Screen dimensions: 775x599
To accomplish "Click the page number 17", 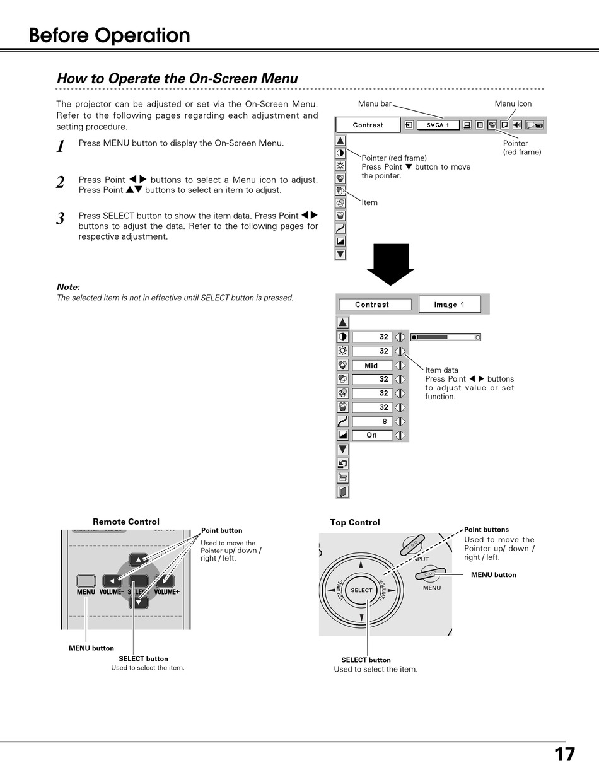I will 564,755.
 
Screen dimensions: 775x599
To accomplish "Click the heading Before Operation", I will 109,35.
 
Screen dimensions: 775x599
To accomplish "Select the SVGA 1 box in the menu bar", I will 438,125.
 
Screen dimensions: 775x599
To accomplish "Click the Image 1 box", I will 450,305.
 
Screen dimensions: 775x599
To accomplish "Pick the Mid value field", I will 371,366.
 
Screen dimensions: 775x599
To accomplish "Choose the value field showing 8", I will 372,421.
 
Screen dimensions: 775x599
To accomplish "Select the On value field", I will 372,435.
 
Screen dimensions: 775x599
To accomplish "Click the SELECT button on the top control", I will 361,590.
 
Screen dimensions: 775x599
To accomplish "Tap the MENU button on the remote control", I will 86,581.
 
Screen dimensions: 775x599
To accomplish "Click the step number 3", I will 61,219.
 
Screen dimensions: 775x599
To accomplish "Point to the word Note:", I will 68,287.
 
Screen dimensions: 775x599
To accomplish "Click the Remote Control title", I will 126,522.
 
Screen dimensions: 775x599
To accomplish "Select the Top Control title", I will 355,522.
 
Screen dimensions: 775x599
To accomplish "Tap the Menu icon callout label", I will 513,103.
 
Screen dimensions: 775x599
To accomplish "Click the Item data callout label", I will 441,370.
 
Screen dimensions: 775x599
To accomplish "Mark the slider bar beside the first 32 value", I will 445,337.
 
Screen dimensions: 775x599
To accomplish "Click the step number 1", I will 61,147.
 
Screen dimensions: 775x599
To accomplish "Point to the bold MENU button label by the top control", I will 493,574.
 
